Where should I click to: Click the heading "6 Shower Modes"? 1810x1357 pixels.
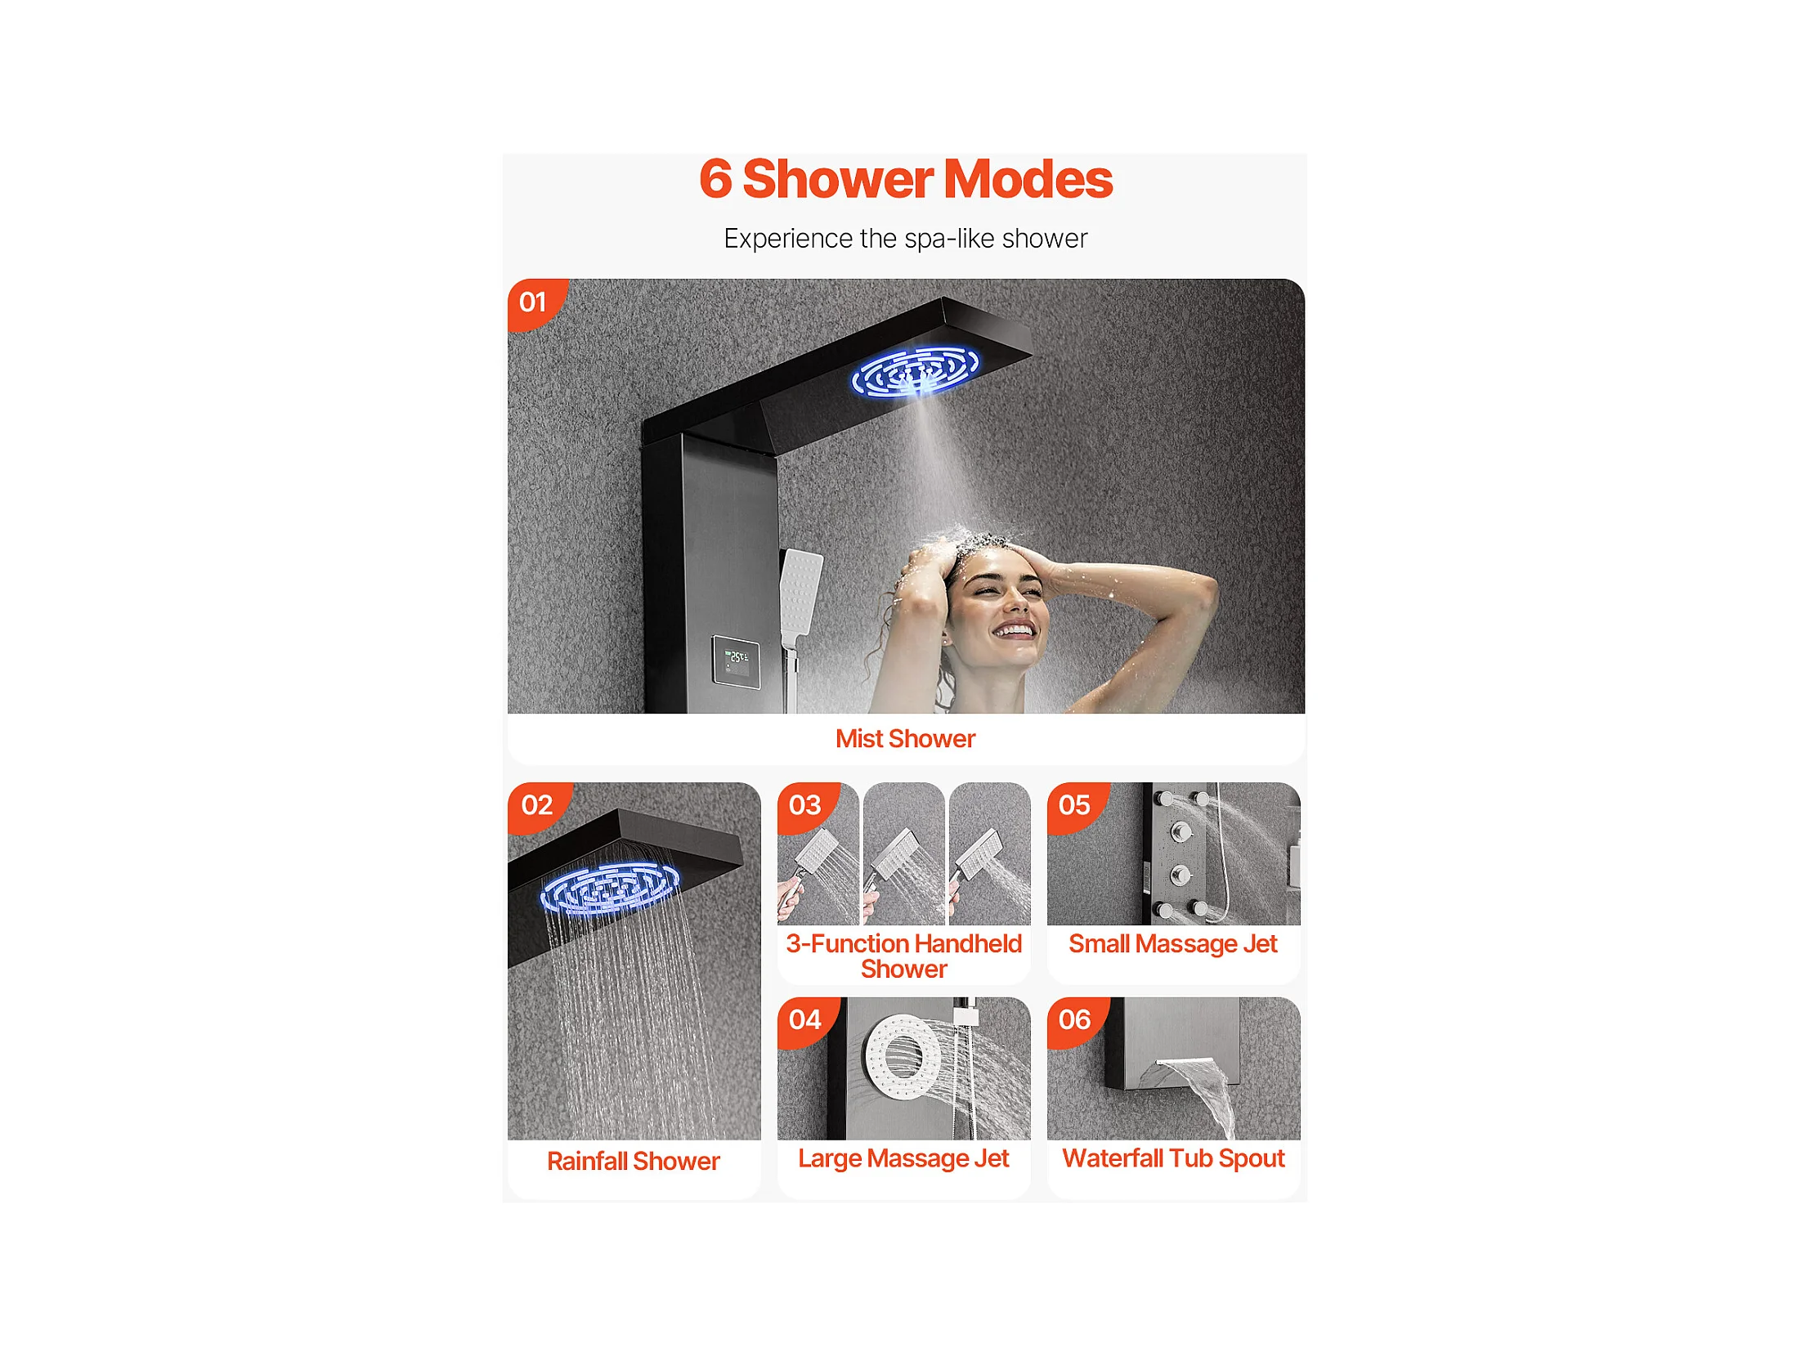click(905, 178)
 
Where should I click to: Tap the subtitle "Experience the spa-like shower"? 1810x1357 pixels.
click(905, 238)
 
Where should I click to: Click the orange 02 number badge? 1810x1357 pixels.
click(539, 807)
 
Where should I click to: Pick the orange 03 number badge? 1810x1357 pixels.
click(807, 807)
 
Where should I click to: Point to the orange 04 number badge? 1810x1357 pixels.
click(807, 1021)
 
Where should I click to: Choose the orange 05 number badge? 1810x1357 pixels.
click(1077, 807)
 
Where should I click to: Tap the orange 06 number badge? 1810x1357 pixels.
click(1077, 1021)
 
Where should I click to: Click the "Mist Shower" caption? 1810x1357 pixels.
click(905, 739)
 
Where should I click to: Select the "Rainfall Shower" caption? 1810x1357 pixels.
click(634, 1161)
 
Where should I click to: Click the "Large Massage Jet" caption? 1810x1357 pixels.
click(903, 1158)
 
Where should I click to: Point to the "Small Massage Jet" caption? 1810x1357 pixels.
click(1172, 944)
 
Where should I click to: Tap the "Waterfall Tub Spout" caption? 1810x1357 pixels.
click(1173, 1158)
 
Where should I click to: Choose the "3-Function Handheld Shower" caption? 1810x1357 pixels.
click(903, 956)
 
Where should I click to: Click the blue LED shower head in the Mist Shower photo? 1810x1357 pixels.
click(915, 372)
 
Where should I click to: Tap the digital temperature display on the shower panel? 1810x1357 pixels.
click(736, 661)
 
